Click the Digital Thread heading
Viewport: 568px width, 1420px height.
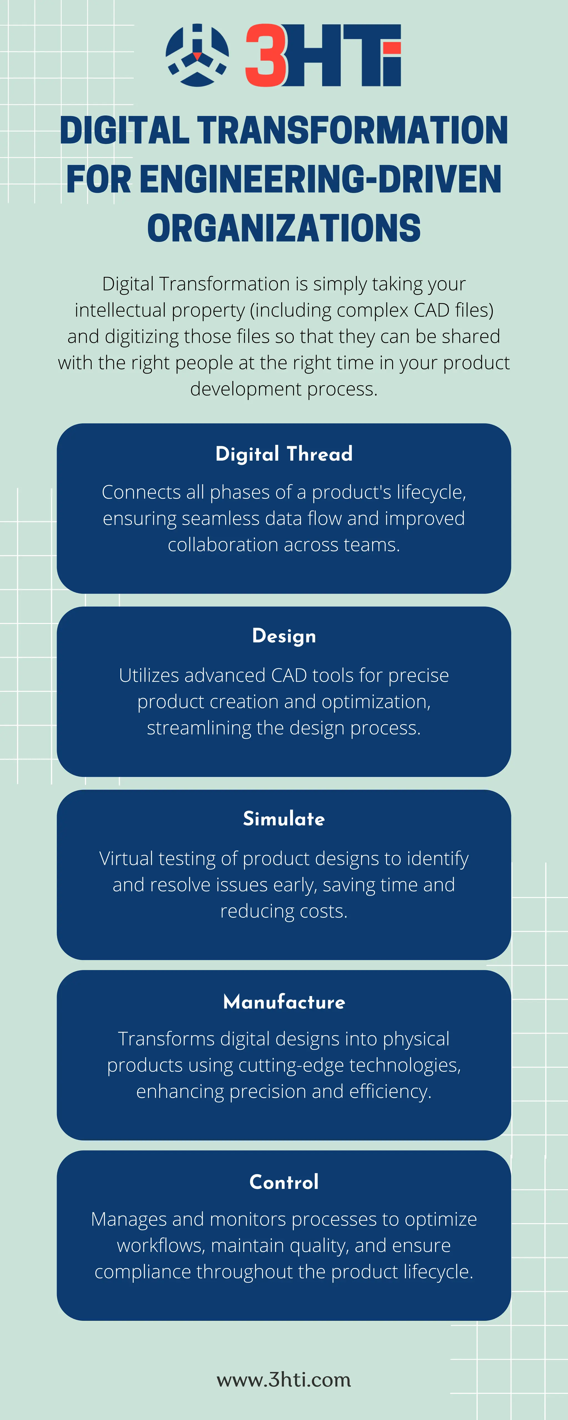(x=284, y=454)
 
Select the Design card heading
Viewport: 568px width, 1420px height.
(x=284, y=636)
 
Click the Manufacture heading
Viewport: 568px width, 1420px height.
(x=284, y=1001)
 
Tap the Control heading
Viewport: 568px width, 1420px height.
(x=284, y=1182)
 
